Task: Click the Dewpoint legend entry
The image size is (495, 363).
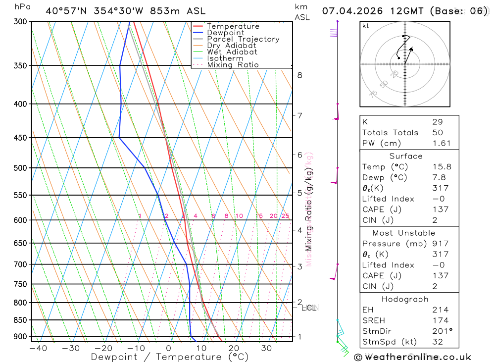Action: (x=225, y=33)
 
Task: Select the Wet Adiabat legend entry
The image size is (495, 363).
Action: (x=232, y=52)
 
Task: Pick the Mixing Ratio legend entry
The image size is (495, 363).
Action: (x=233, y=65)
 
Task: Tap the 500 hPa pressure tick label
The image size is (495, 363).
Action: (x=20, y=168)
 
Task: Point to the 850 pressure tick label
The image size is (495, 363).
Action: (x=20, y=320)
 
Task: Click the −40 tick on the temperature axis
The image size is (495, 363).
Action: (x=38, y=348)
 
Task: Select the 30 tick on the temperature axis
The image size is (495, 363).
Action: (x=266, y=348)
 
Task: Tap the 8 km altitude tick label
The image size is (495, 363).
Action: (x=299, y=75)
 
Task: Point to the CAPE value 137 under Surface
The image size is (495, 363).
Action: (x=438, y=209)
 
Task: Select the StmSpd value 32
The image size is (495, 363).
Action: (x=437, y=342)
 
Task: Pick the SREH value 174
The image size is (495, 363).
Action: (x=438, y=320)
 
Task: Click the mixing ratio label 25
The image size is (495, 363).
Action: (x=285, y=216)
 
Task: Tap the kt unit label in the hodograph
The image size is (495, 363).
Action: (x=366, y=26)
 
